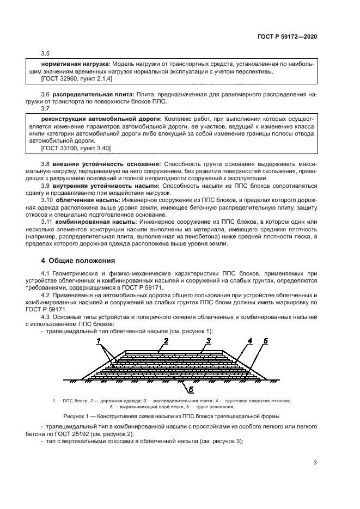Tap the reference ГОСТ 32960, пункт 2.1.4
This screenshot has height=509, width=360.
click(x=76, y=78)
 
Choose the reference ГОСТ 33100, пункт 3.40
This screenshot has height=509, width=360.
click(x=76, y=148)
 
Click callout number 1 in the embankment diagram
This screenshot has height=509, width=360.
click(x=99, y=341)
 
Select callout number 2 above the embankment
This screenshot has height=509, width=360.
click(x=166, y=340)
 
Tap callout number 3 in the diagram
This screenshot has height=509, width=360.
click(x=208, y=340)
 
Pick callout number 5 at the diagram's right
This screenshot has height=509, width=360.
click(x=265, y=341)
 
